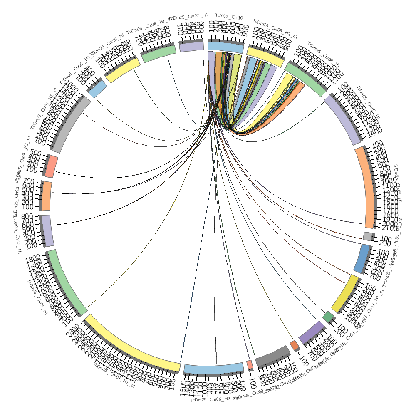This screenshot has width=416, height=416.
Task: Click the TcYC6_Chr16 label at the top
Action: pyautogui.click(x=228, y=17)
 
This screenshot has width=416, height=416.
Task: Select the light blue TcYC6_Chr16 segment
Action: pyautogui.click(x=225, y=47)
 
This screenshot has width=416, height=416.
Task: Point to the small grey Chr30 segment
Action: pyautogui.click(x=367, y=236)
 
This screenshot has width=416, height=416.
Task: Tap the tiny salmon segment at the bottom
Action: pyautogui.click(x=250, y=365)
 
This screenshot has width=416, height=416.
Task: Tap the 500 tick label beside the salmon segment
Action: pyautogui.click(x=35, y=152)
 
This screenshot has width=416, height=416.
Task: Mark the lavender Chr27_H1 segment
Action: pyautogui.click(x=191, y=47)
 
